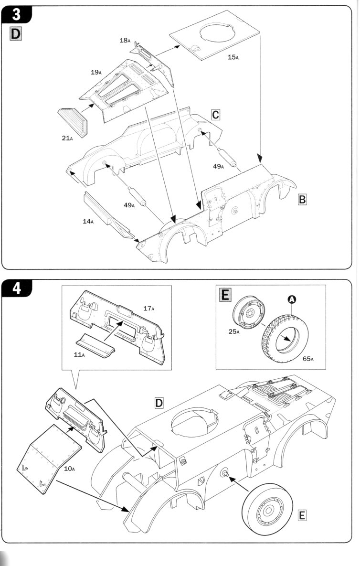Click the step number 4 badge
coord(15,289)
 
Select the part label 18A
coord(125,41)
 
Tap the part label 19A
coord(96,72)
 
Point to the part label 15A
coord(233,57)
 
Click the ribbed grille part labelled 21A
coord(73,121)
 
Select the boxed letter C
coord(215,115)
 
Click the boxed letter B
coord(302,200)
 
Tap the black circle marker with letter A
coord(292,299)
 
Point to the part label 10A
coord(69,469)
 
